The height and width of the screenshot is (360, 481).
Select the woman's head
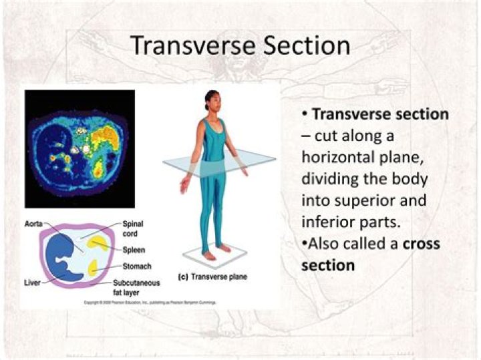click(x=212, y=101)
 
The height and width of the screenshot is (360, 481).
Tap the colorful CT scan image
click(x=79, y=148)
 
